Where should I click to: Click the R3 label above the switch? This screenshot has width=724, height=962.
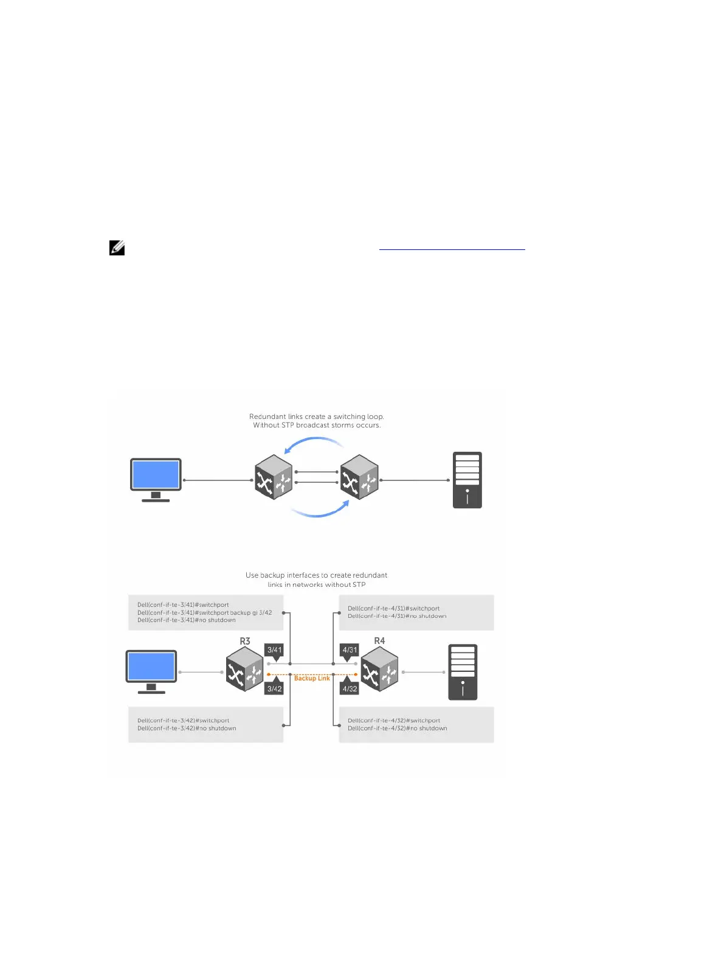(x=245, y=641)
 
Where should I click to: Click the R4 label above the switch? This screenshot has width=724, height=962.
(x=379, y=641)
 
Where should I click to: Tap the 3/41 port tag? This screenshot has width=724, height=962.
(x=275, y=650)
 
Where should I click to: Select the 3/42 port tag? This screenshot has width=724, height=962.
(x=275, y=689)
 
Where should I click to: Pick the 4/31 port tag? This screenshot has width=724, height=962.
(x=350, y=650)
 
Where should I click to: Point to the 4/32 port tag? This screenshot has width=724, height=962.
(x=350, y=689)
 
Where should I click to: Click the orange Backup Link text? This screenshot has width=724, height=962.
(x=312, y=678)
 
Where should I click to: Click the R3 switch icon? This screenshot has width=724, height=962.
(x=244, y=669)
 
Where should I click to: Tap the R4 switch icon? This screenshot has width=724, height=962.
(x=380, y=669)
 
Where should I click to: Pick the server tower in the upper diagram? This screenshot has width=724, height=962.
(x=467, y=480)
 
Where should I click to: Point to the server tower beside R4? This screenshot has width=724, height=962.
(x=463, y=672)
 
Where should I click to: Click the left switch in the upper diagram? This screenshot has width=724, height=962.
(x=274, y=477)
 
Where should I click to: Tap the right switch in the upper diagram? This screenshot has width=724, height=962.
(x=359, y=477)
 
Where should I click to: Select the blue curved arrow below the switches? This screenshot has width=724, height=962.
(x=319, y=512)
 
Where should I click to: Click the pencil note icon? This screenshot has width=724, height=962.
(x=117, y=248)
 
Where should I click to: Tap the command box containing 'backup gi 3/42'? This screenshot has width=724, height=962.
(x=205, y=612)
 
